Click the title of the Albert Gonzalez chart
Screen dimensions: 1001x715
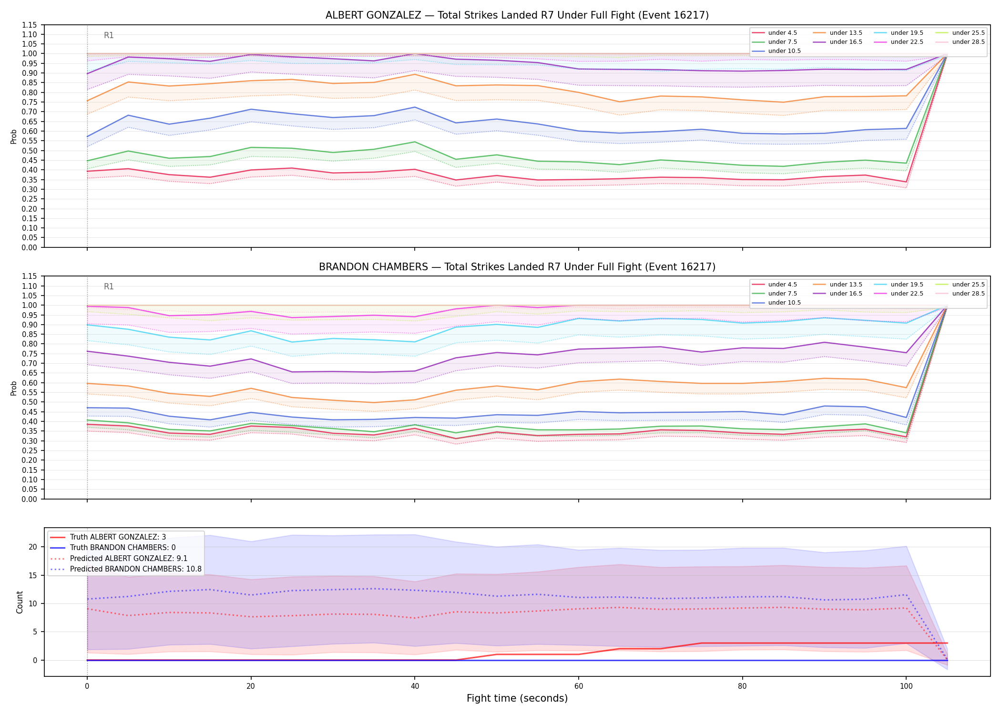click(517, 15)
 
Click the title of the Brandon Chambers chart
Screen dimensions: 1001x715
click(517, 267)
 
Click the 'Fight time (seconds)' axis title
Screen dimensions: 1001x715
click(517, 698)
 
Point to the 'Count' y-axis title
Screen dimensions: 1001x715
click(20, 602)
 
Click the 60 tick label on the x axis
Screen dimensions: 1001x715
click(578, 686)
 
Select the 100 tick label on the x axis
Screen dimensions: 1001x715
click(906, 686)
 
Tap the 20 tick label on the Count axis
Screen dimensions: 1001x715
click(33, 547)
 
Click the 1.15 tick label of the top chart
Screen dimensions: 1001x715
click(30, 25)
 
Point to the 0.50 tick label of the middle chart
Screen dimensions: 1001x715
click(30, 402)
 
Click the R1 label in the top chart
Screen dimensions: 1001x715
click(109, 35)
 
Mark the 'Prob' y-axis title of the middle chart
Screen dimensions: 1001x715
click(14, 388)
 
